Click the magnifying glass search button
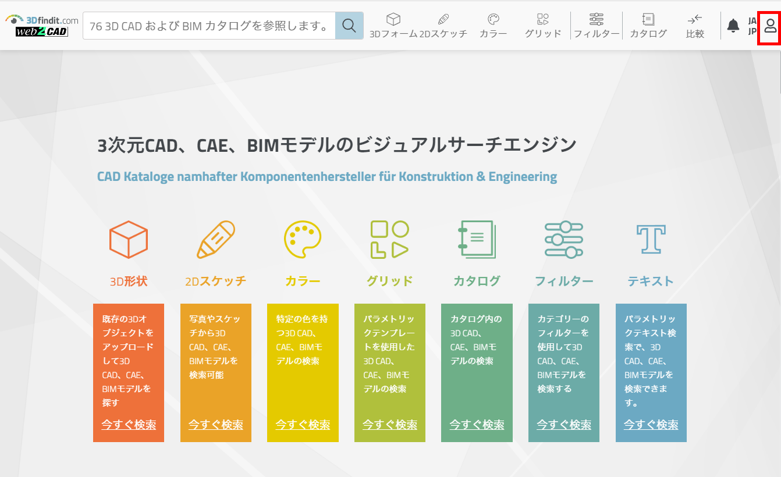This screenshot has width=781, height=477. click(349, 26)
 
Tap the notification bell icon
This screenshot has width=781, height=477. click(733, 26)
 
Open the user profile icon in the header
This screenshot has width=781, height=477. click(770, 26)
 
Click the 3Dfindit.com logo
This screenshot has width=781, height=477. click(42, 26)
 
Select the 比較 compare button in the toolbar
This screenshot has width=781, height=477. click(695, 26)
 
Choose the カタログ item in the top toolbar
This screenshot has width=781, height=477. click(648, 26)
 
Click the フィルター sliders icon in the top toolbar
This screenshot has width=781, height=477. click(596, 20)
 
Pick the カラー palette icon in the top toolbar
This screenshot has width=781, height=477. click(494, 19)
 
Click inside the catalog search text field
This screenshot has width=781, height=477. click(209, 26)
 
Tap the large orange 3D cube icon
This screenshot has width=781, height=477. click(129, 239)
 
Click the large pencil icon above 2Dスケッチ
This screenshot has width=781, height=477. click(216, 239)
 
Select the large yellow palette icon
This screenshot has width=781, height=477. click(303, 239)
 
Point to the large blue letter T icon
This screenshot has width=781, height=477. click(651, 239)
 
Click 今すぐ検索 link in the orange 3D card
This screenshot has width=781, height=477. click(129, 425)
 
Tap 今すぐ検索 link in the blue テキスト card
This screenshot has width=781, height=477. click(651, 425)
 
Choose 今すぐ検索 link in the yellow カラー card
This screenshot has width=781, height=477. click(303, 425)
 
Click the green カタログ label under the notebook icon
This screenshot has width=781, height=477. click(477, 281)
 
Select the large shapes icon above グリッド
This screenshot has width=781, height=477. click(389, 239)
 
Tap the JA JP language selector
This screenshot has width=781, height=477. click(752, 26)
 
